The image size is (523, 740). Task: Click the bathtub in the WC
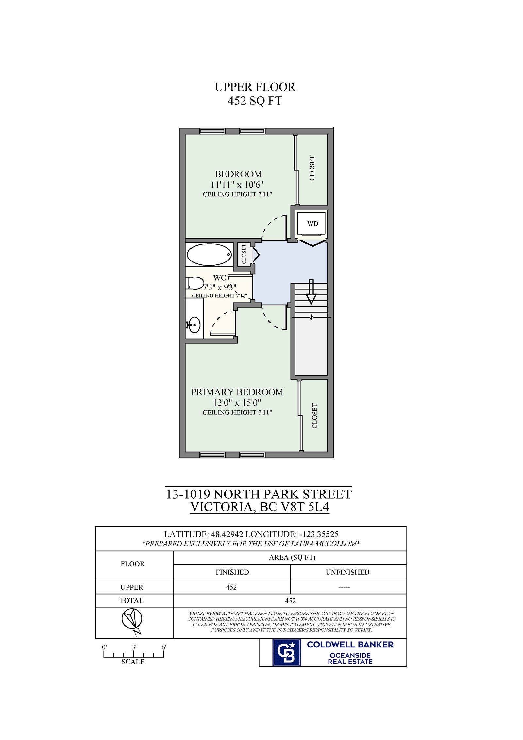tap(209, 254)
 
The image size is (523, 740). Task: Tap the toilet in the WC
tap(195, 283)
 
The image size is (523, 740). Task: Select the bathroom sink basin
tap(194, 325)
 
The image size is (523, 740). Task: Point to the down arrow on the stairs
tap(311, 292)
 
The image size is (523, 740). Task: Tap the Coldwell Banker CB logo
tap(286, 652)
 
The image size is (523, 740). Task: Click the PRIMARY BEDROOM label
tap(237, 392)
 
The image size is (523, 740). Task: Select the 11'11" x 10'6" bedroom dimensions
tap(237, 185)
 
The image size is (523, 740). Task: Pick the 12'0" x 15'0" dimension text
tap(237, 403)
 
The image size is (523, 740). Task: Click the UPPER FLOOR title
tap(255, 87)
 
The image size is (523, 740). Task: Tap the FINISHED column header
tap(232, 572)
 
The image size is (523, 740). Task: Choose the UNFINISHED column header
tap(347, 572)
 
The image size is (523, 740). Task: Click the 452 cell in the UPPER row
tap(231, 587)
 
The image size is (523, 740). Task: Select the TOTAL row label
tap(131, 600)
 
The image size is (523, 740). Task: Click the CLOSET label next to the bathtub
tap(244, 254)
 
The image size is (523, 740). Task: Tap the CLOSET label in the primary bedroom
tap(314, 416)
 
